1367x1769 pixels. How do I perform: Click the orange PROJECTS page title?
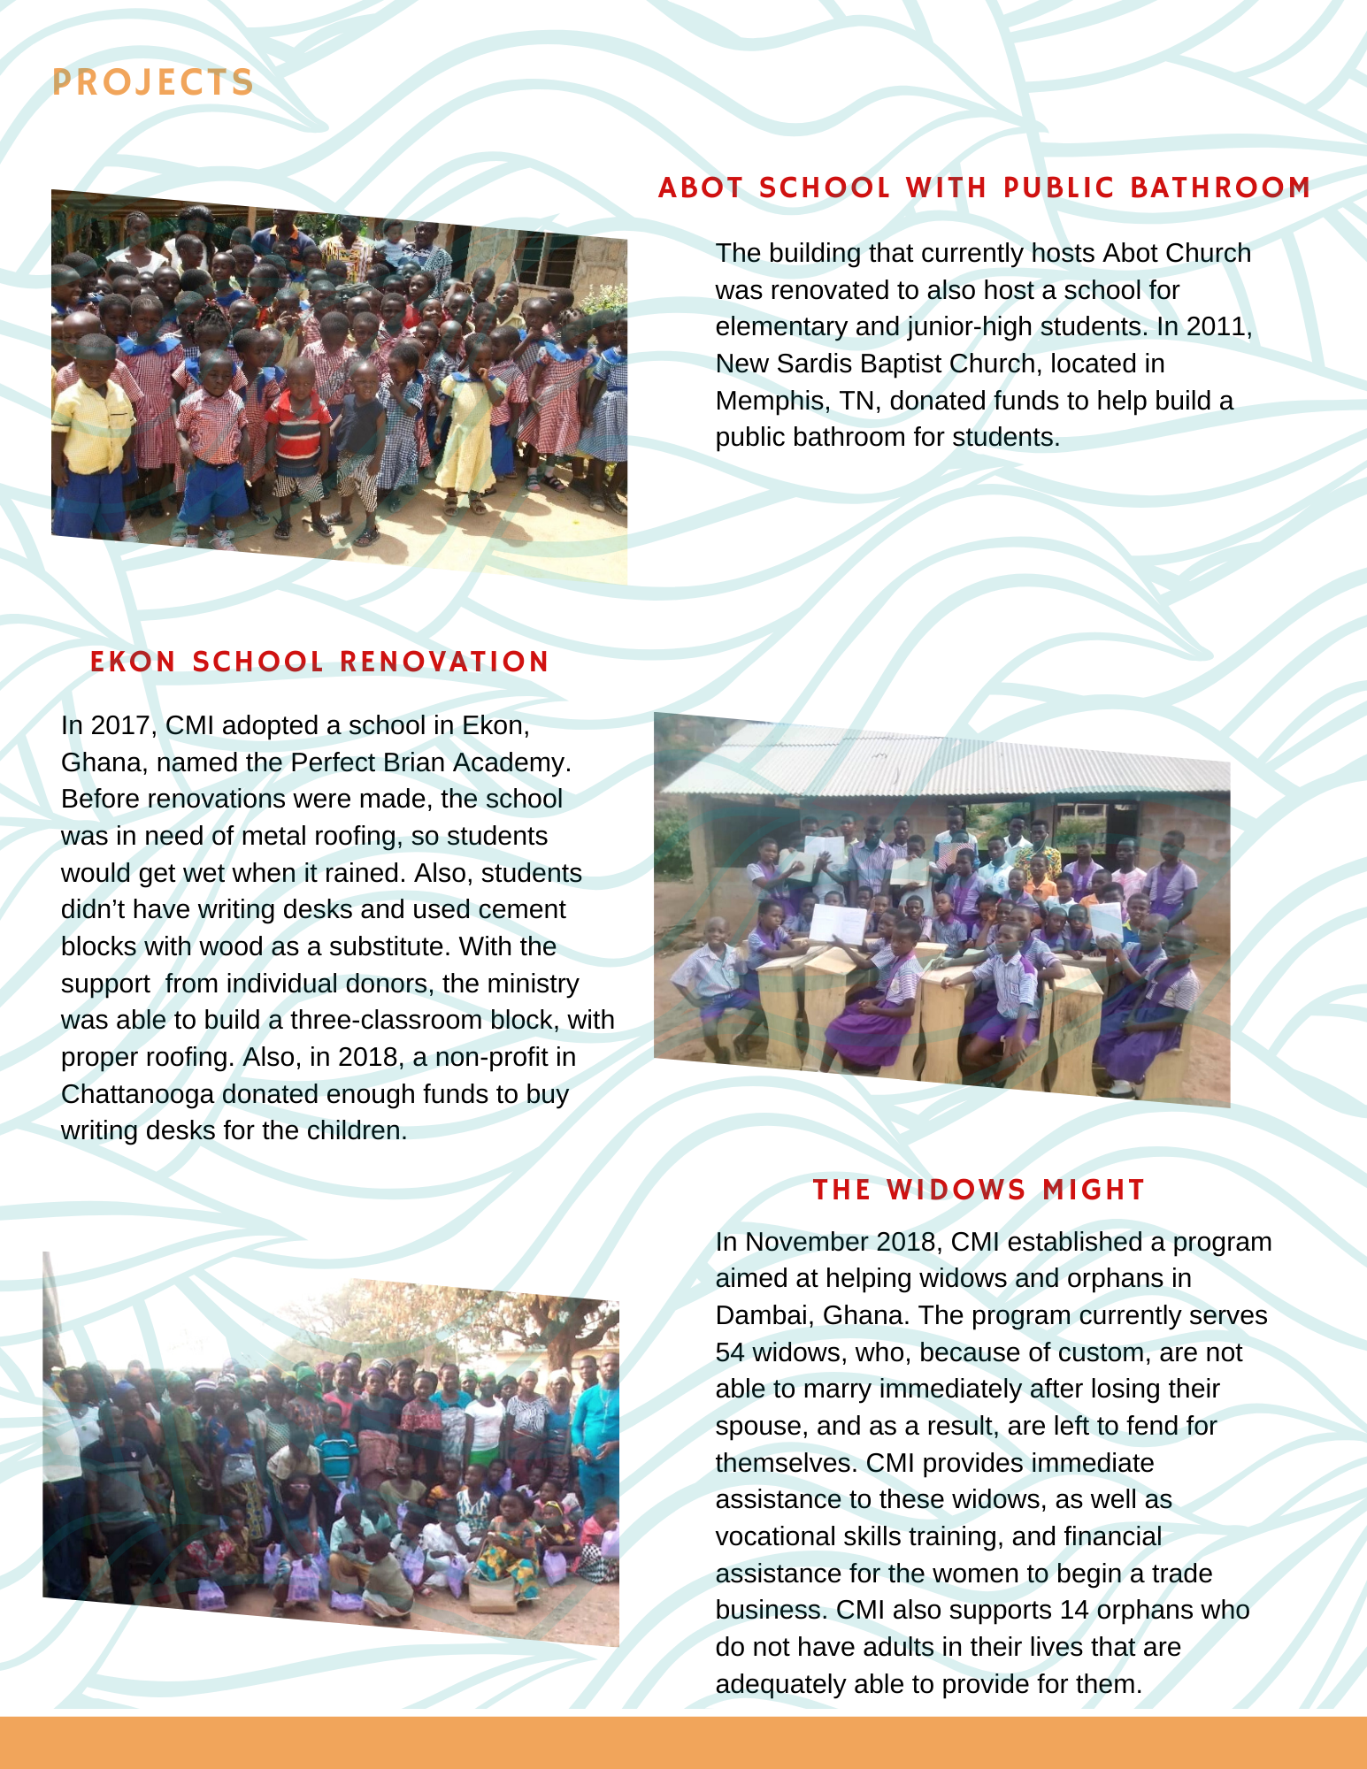click(x=153, y=82)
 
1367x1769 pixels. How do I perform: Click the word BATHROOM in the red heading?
click(x=1220, y=188)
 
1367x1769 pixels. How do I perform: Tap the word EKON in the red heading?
click(x=133, y=662)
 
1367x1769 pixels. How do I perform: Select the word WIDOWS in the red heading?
click(x=956, y=1190)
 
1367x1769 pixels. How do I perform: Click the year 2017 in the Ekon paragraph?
click(x=119, y=725)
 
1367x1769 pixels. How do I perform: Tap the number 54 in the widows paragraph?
click(x=730, y=1352)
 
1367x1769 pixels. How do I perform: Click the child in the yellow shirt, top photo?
click(x=91, y=425)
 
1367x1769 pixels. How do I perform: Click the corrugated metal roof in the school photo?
click(x=947, y=761)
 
